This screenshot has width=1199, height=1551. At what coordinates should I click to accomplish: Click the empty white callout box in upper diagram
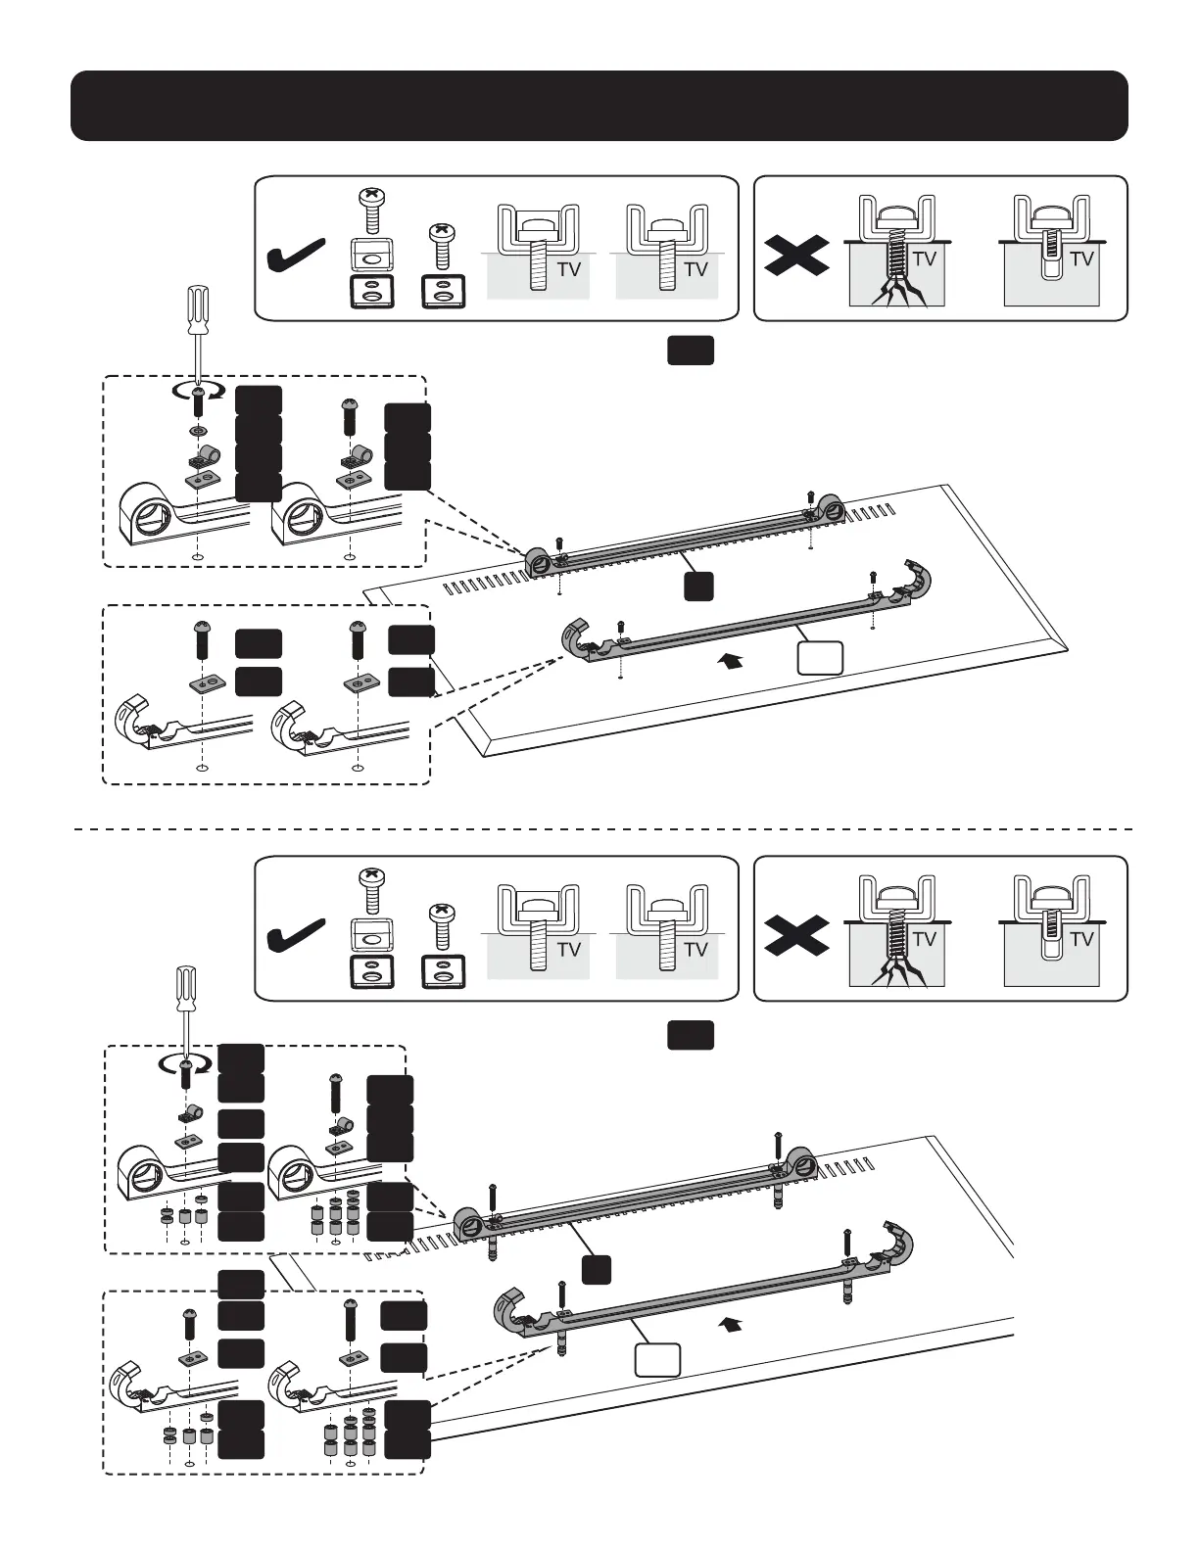click(821, 659)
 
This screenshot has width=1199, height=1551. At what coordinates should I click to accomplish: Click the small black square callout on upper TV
click(697, 586)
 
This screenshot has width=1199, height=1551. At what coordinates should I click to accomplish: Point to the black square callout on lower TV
click(597, 1269)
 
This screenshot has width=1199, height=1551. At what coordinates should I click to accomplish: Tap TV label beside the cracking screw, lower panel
click(924, 939)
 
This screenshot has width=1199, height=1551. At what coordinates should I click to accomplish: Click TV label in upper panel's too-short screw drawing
click(1081, 259)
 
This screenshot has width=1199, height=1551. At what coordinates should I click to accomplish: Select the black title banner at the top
click(599, 106)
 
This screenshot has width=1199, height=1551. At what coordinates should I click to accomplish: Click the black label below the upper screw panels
click(691, 352)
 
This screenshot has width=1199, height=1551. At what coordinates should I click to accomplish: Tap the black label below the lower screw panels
click(691, 1035)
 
